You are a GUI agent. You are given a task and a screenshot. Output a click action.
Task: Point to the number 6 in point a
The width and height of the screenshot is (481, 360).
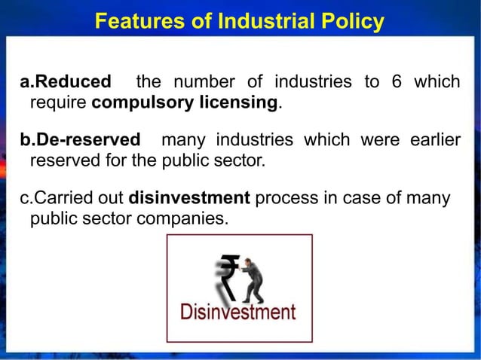397,81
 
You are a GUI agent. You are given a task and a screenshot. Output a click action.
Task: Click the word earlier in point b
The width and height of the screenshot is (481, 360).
434,140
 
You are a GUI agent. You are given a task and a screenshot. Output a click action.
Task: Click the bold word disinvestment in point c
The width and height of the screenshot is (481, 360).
189,199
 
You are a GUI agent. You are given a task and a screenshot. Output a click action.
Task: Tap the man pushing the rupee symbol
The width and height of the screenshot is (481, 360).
253,279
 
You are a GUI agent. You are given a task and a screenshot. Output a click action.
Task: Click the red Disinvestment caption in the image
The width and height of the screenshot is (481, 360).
237,311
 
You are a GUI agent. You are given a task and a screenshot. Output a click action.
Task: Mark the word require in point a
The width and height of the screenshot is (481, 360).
58,102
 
